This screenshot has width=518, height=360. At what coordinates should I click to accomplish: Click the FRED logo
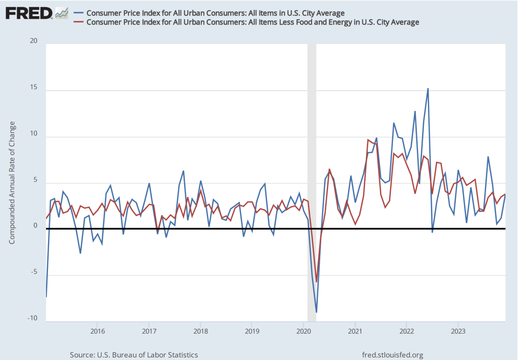[29, 13]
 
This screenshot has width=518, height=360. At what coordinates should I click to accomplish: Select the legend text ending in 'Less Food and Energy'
[253, 22]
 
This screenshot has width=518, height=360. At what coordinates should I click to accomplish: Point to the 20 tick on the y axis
[34, 41]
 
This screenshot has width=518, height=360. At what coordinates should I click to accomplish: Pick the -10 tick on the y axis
[32, 318]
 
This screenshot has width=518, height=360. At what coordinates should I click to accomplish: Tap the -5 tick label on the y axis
[34, 271]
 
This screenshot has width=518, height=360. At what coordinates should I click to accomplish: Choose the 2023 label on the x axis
[458, 332]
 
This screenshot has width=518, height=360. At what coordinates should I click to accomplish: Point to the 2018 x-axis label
[201, 332]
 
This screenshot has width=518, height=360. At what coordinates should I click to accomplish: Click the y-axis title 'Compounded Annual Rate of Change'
[12, 182]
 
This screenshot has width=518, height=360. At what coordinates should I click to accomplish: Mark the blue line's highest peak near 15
[428, 89]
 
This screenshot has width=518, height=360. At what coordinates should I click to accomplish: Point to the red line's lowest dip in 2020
[317, 282]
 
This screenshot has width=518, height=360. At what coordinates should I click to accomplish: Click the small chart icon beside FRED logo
[61, 13]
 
